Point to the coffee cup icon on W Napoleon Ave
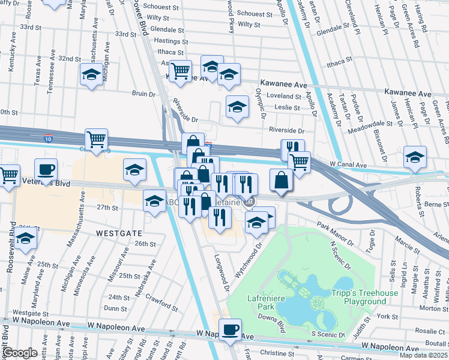coord(230,329)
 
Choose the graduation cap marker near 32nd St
coord(91,74)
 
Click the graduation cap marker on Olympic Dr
coord(237,107)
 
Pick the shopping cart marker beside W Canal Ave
coord(298,160)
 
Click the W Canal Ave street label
coord(348,164)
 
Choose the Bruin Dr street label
coord(143,94)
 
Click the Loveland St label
coord(283,96)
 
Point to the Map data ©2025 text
coord(423,355)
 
